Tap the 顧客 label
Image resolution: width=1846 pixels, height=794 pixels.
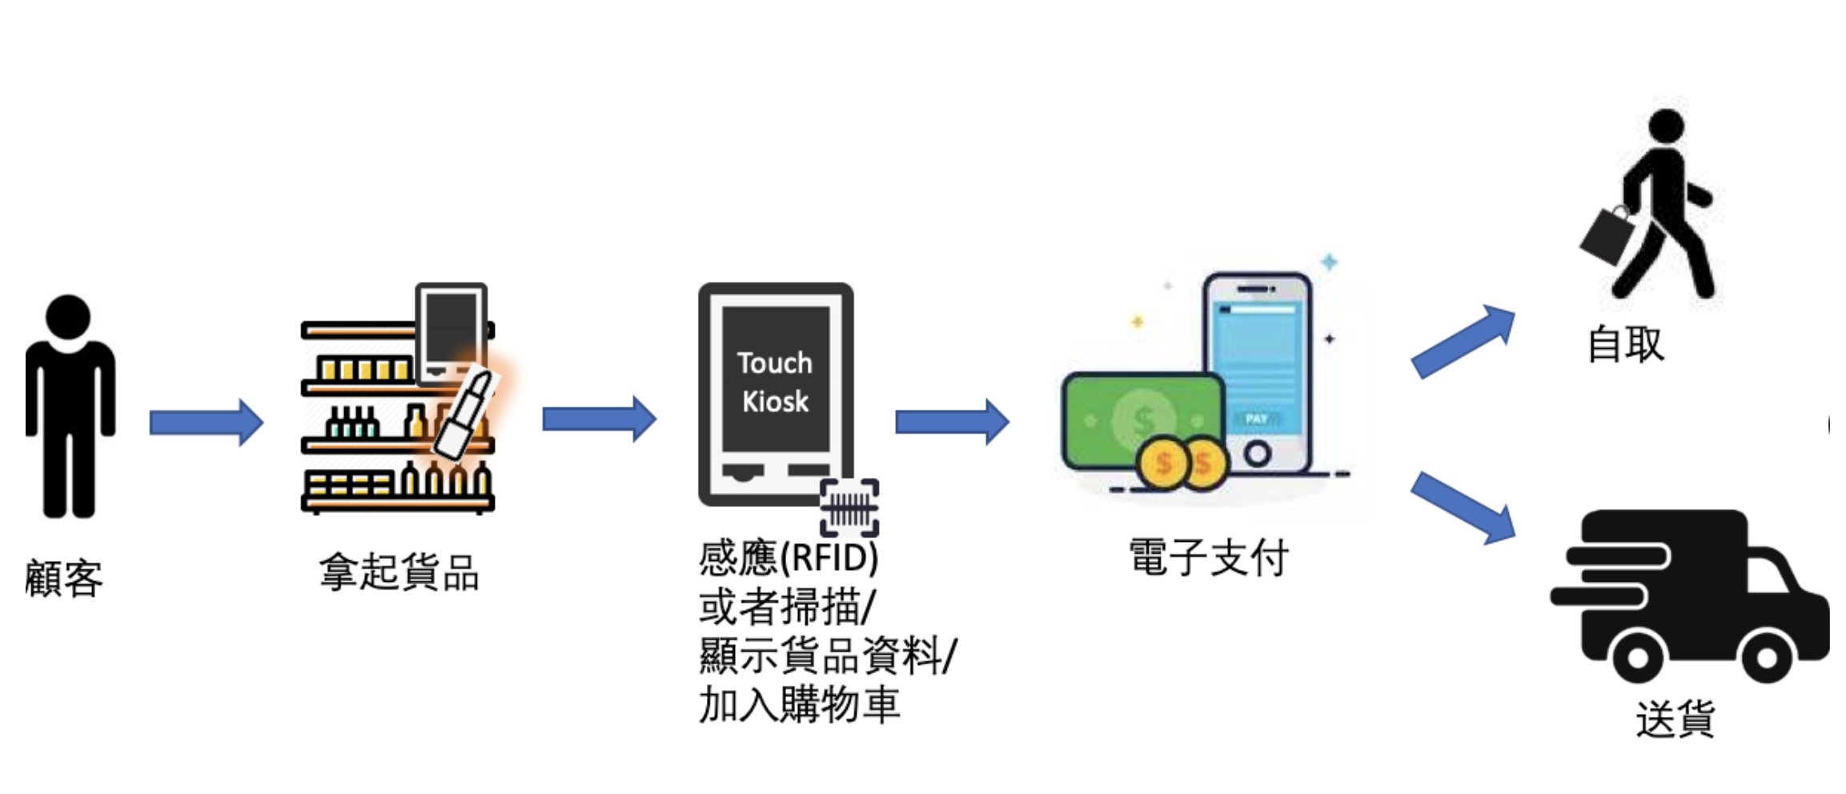coord(64,578)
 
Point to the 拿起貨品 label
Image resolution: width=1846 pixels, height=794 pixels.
coord(399,572)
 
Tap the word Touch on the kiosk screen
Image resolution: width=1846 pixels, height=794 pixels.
coord(774,363)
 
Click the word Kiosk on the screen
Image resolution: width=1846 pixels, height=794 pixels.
coord(775,401)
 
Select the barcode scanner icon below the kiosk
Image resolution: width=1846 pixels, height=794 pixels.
coord(849,507)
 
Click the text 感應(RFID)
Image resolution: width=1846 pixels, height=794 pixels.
coord(789,557)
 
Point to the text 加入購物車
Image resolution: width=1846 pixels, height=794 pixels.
coord(799,705)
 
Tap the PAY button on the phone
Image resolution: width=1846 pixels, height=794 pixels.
coord(1256,419)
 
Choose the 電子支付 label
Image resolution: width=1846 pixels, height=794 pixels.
coord(1208,557)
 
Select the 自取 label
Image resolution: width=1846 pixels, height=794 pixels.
coord(1626,344)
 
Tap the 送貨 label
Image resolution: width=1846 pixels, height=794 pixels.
coord(1675,718)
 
